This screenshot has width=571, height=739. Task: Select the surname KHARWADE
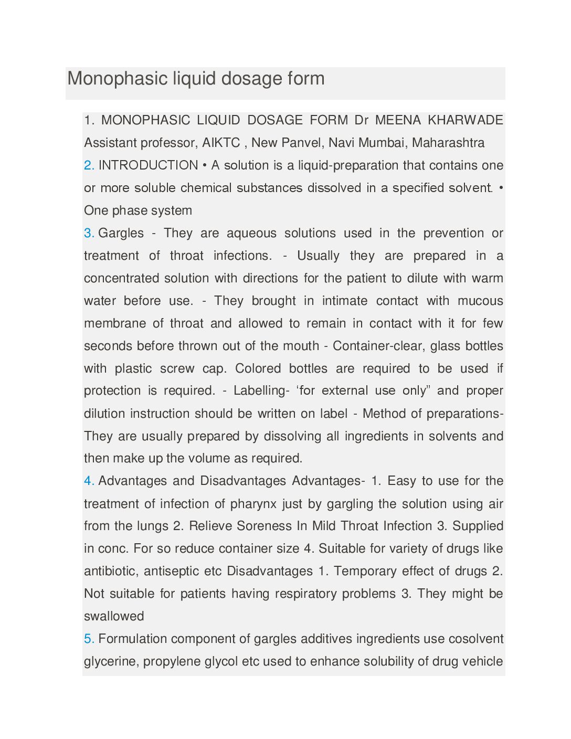466,120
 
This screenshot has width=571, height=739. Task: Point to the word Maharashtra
448,143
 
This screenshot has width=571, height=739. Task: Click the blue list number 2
89,165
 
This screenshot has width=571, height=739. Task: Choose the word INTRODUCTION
149,165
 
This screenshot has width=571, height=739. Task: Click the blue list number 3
89,233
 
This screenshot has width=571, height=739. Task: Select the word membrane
115,323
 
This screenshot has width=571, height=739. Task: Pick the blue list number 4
89,481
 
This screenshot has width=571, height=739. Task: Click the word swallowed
114,616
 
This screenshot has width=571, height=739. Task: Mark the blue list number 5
89,639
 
